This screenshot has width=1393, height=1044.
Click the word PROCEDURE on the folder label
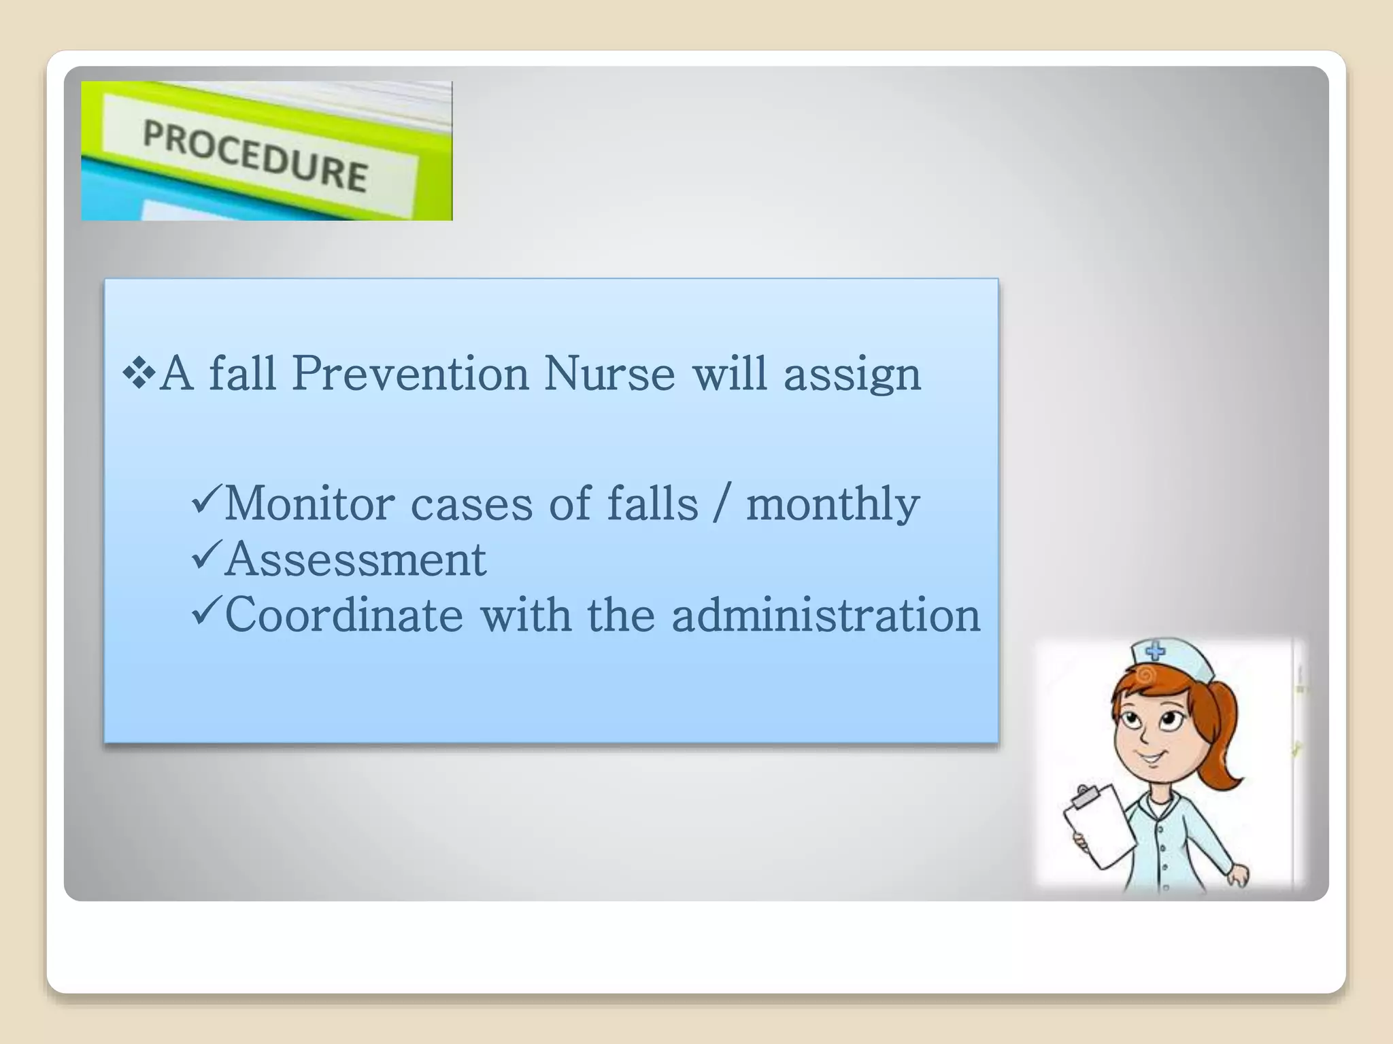pos(255,155)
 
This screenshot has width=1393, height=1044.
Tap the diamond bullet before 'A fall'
pos(139,374)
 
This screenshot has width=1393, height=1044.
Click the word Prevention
pos(410,374)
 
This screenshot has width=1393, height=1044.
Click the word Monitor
pos(309,504)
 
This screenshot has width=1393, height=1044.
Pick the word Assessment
pos(355,560)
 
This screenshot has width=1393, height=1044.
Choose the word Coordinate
pos(343,615)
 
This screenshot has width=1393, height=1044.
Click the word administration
pos(826,615)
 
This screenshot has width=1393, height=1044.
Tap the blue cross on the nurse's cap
pos(1155,652)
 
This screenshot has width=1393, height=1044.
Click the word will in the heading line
pos(730,374)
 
